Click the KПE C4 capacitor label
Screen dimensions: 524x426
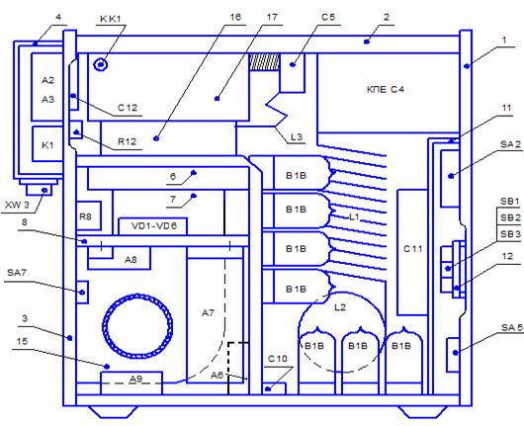click(x=386, y=90)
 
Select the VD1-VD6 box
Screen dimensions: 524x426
click(x=153, y=226)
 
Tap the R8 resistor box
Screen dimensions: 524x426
click(x=89, y=215)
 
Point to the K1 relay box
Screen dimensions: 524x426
click(x=47, y=144)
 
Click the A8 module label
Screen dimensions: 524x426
click(x=131, y=260)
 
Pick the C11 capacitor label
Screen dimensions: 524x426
click(x=412, y=249)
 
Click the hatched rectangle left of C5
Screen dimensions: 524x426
click(x=264, y=62)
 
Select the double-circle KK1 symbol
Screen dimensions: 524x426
click(x=101, y=64)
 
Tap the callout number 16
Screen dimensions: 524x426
click(x=235, y=17)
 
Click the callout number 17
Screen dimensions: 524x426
click(x=272, y=17)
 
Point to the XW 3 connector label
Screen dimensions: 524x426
click(x=17, y=206)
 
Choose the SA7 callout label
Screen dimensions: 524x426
click(x=17, y=273)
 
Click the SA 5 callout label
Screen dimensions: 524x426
click(x=511, y=328)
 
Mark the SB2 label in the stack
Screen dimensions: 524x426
click(x=510, y=217)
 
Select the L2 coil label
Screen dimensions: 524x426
click(x=340, y=307)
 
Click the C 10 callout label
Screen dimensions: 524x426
click(x=278, y=359)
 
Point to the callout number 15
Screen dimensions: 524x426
click(x=22, y=341)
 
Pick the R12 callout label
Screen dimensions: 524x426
click(x=127, y=141)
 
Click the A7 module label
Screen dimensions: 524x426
click(x=208, y=313)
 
